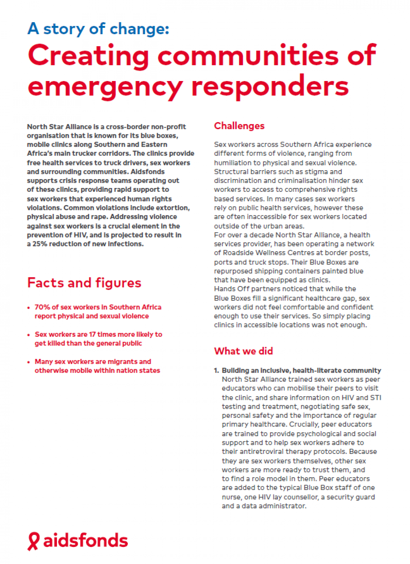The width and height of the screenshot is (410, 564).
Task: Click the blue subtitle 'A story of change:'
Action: click(98, 29)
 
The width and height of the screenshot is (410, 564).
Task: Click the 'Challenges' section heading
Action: click(239, 126)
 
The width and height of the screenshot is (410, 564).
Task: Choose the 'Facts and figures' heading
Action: click(84, 283)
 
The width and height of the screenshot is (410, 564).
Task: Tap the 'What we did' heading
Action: click(243, 351)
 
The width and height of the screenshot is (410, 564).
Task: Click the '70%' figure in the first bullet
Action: click(42, 307)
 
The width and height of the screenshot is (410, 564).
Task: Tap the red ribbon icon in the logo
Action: click(33, 541)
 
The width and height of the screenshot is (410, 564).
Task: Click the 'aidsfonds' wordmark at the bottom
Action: click(85, 541)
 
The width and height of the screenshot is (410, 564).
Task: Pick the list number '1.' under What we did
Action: click(217, 371)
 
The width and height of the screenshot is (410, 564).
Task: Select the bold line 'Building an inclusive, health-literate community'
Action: click(301, 371)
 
